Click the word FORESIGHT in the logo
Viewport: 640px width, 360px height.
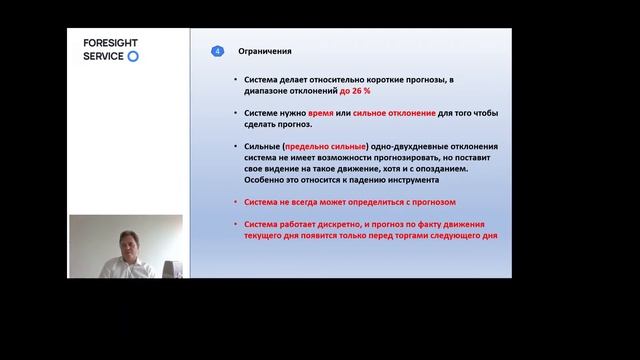[112, 43]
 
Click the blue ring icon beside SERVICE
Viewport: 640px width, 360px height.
[134, 56]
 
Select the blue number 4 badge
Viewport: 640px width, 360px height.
[218, 52]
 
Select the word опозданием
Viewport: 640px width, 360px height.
[467, 169]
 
